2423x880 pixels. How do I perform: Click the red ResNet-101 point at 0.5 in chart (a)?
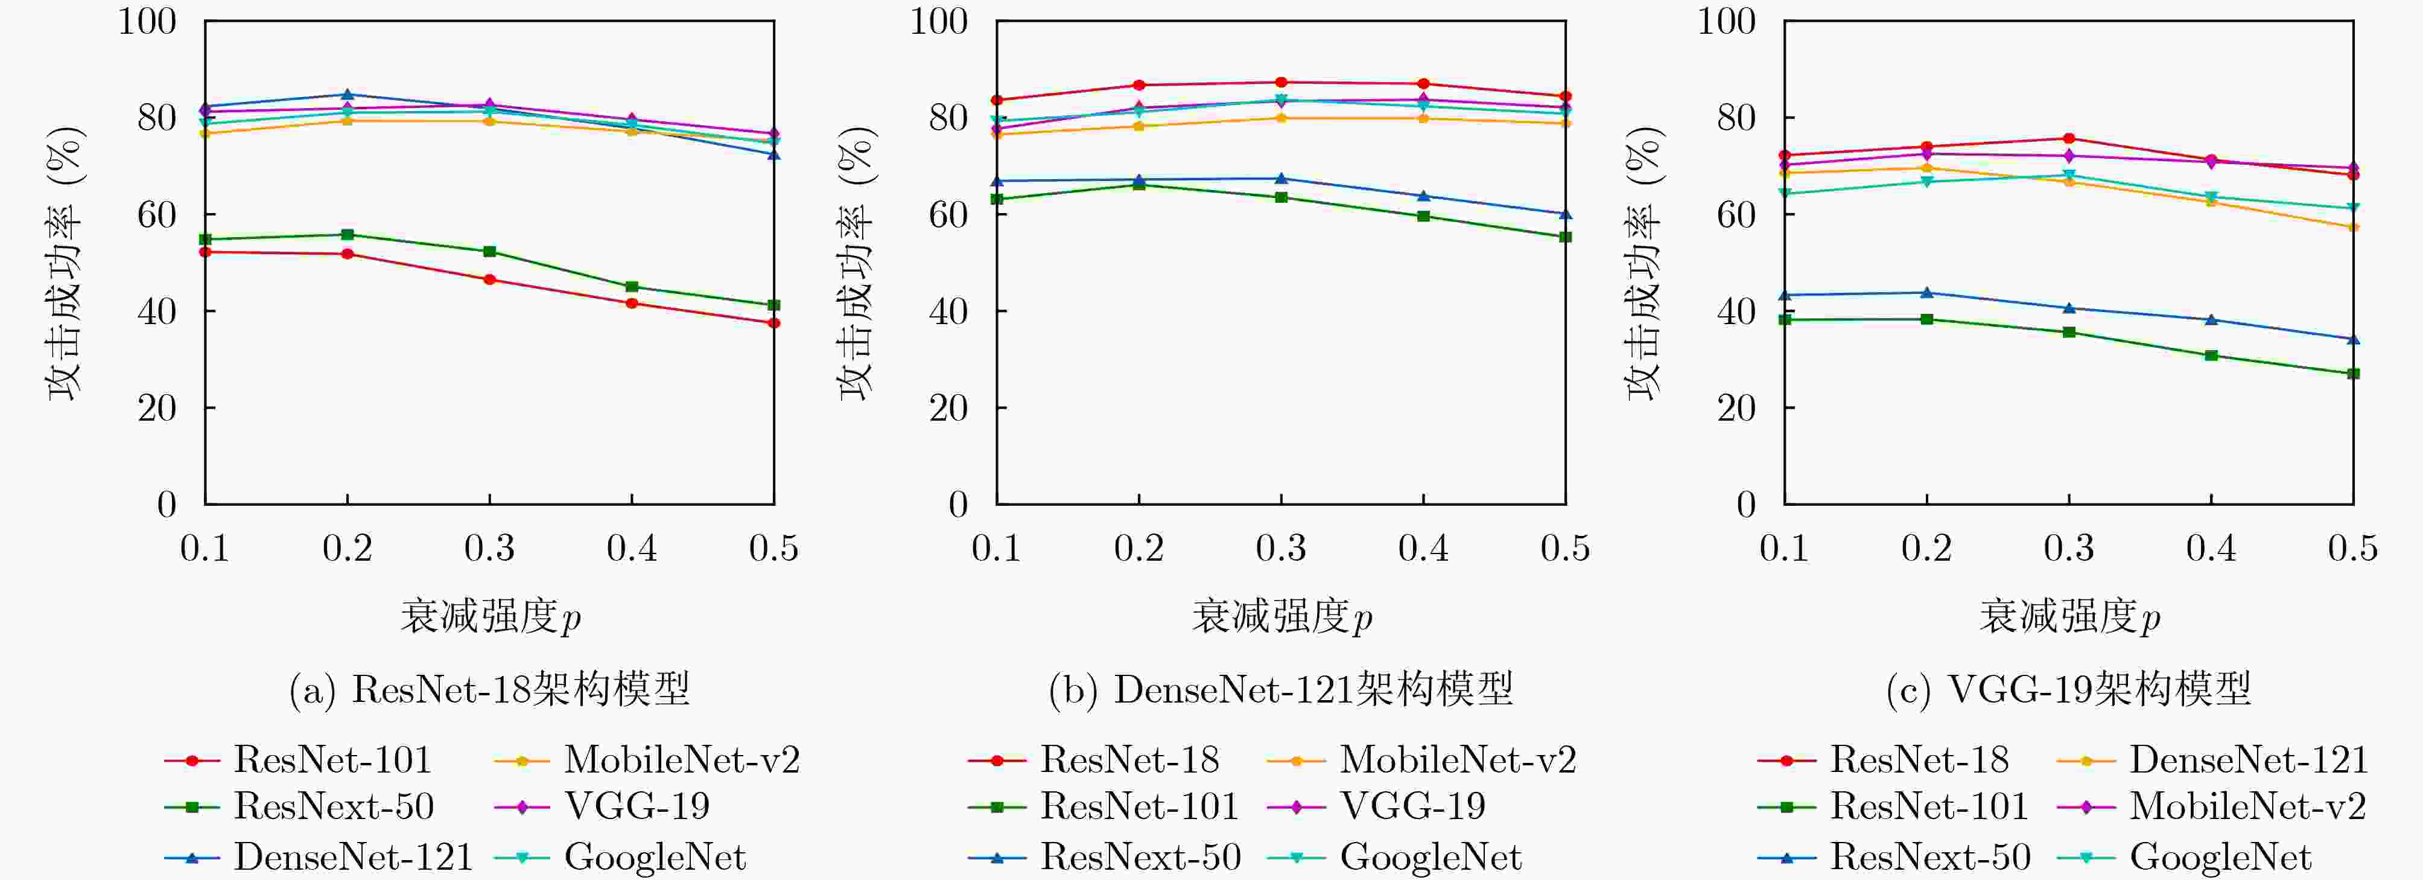tap(773, 323)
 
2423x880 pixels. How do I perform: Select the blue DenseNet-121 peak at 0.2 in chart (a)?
tap(347, 94)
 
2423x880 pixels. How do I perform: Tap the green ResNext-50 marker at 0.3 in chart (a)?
tap(489, 251)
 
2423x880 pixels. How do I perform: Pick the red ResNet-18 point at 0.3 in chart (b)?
tap(1281, 82)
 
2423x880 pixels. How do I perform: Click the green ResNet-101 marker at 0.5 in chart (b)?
tap(1565, 237)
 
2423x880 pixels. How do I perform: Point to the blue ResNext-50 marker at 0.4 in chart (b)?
tap(1423, 196)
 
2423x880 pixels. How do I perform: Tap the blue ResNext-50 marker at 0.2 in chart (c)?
tap(1926, 293)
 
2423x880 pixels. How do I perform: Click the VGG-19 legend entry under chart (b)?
tap(1412, 806)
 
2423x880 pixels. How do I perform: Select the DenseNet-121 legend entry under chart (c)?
tap(2248, 759)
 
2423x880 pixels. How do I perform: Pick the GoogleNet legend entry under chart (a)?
tap(655, 856)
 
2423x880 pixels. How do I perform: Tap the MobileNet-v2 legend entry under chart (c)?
tap(2247, 806)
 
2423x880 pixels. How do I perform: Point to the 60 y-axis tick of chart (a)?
tap(156, 215)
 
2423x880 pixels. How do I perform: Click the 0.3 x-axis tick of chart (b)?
tap(1281, 548)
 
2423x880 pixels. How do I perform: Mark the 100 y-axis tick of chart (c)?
tap(1725, 21)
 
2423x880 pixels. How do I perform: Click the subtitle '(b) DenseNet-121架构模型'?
tap(1281, 690)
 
